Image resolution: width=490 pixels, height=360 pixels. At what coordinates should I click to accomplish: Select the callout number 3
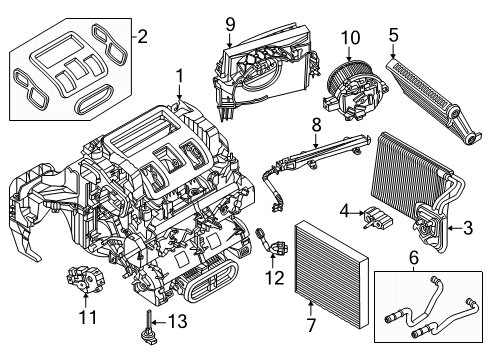coord(467,229)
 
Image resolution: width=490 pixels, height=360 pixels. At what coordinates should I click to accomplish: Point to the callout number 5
coord(393,37)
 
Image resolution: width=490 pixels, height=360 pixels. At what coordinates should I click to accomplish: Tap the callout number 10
coord(350,37)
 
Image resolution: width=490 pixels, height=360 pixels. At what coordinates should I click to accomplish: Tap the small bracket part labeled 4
coord(376,216)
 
